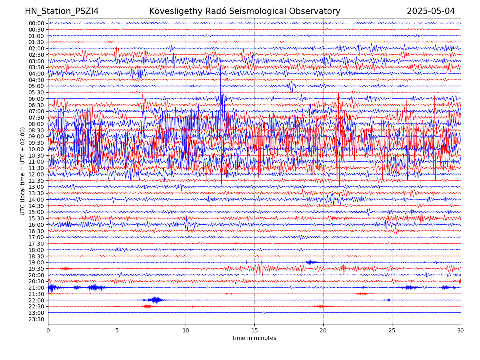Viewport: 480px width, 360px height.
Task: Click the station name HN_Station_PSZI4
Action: pyautogui.click(x=62, y=11)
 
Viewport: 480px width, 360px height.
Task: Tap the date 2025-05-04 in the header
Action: pyautogui.click(x=431, y=11)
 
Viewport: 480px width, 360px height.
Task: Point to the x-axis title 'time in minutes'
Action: pyautogui.click(x=254, y=338)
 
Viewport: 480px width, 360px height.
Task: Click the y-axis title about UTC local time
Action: pyautogui.click(x=23, y=171)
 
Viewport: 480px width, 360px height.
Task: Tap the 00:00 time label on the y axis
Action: pyautogui.click(x=36, y=23)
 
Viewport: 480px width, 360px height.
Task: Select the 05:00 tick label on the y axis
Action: pyautogui.click(x=36, y=86)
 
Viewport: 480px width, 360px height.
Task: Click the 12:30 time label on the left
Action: pyautogui.click(x=36, y=181)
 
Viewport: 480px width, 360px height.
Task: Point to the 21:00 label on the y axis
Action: pyautogui.click(x=36, y=288)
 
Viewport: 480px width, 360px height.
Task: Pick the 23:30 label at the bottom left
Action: pyautogui.click(x=36, y=319)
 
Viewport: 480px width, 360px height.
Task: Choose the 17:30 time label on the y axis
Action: pyautogui.click(x=36, y=244)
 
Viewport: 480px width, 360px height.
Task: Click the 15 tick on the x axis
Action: pyautogui.click(x=254, y=330)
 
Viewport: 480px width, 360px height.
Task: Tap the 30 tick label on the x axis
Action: pyautogui.click(x=461, y=330)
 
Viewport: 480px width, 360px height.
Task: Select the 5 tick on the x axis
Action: pyautogui.click(x=117, y=330)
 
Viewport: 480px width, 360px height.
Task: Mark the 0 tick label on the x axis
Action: pyautogui.click(x=48, y=330)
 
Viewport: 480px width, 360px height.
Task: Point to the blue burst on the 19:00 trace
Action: pyautogui.click(x=310, y=262)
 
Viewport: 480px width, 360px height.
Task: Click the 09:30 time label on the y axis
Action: pyautogui.click(x=36, y=143)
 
